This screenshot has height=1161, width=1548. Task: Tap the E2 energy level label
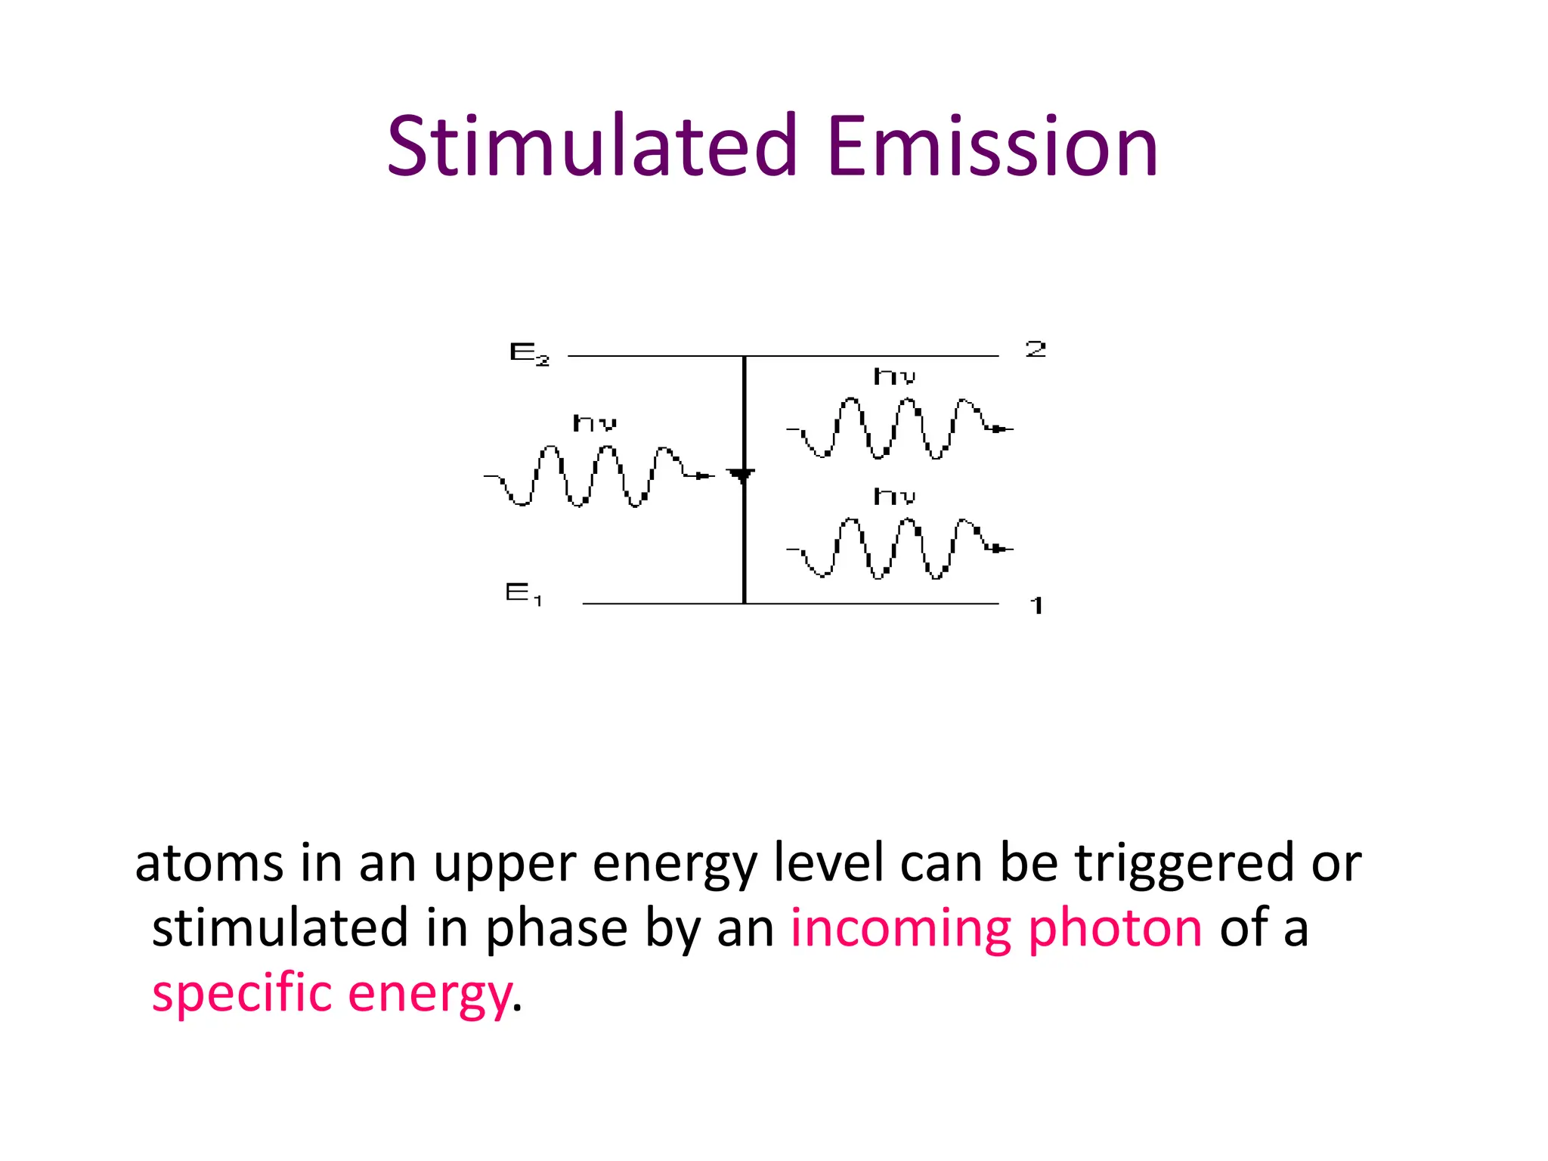point(529,353)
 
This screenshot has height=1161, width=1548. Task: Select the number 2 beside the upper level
point(1036,348)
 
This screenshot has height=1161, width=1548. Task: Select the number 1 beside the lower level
point(1037,605)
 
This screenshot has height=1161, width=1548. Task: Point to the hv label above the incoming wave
point(595,423)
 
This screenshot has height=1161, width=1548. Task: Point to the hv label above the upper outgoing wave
point(895,376)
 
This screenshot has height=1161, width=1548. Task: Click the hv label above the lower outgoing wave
point(895,497)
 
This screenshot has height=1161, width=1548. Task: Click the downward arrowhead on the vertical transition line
point(741,475)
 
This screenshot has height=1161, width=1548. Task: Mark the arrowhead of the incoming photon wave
point(704,475)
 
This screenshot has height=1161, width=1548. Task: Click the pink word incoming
point(900,928)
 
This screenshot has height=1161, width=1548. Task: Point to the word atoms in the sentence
point(209,863)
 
